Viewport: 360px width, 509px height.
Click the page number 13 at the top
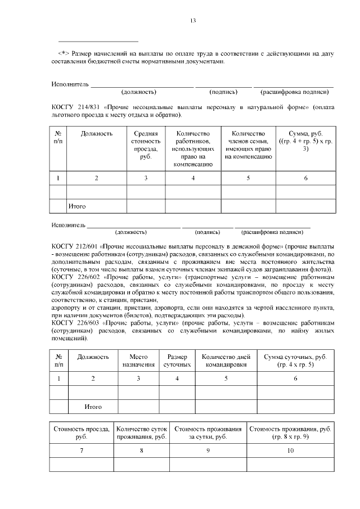coord(192,21)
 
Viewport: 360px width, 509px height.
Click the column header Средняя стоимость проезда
coord(146,145)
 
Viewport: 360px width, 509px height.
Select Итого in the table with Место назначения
coord(93,406)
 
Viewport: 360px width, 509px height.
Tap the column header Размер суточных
coord(177,361)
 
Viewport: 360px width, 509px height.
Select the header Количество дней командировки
coord(226,361)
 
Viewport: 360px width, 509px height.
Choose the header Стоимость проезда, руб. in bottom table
coord(82,433)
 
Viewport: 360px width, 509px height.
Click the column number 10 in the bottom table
coord(291,450)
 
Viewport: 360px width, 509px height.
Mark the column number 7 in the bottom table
coord(82,450)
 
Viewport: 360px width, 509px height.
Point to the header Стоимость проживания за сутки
coord(208,433)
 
